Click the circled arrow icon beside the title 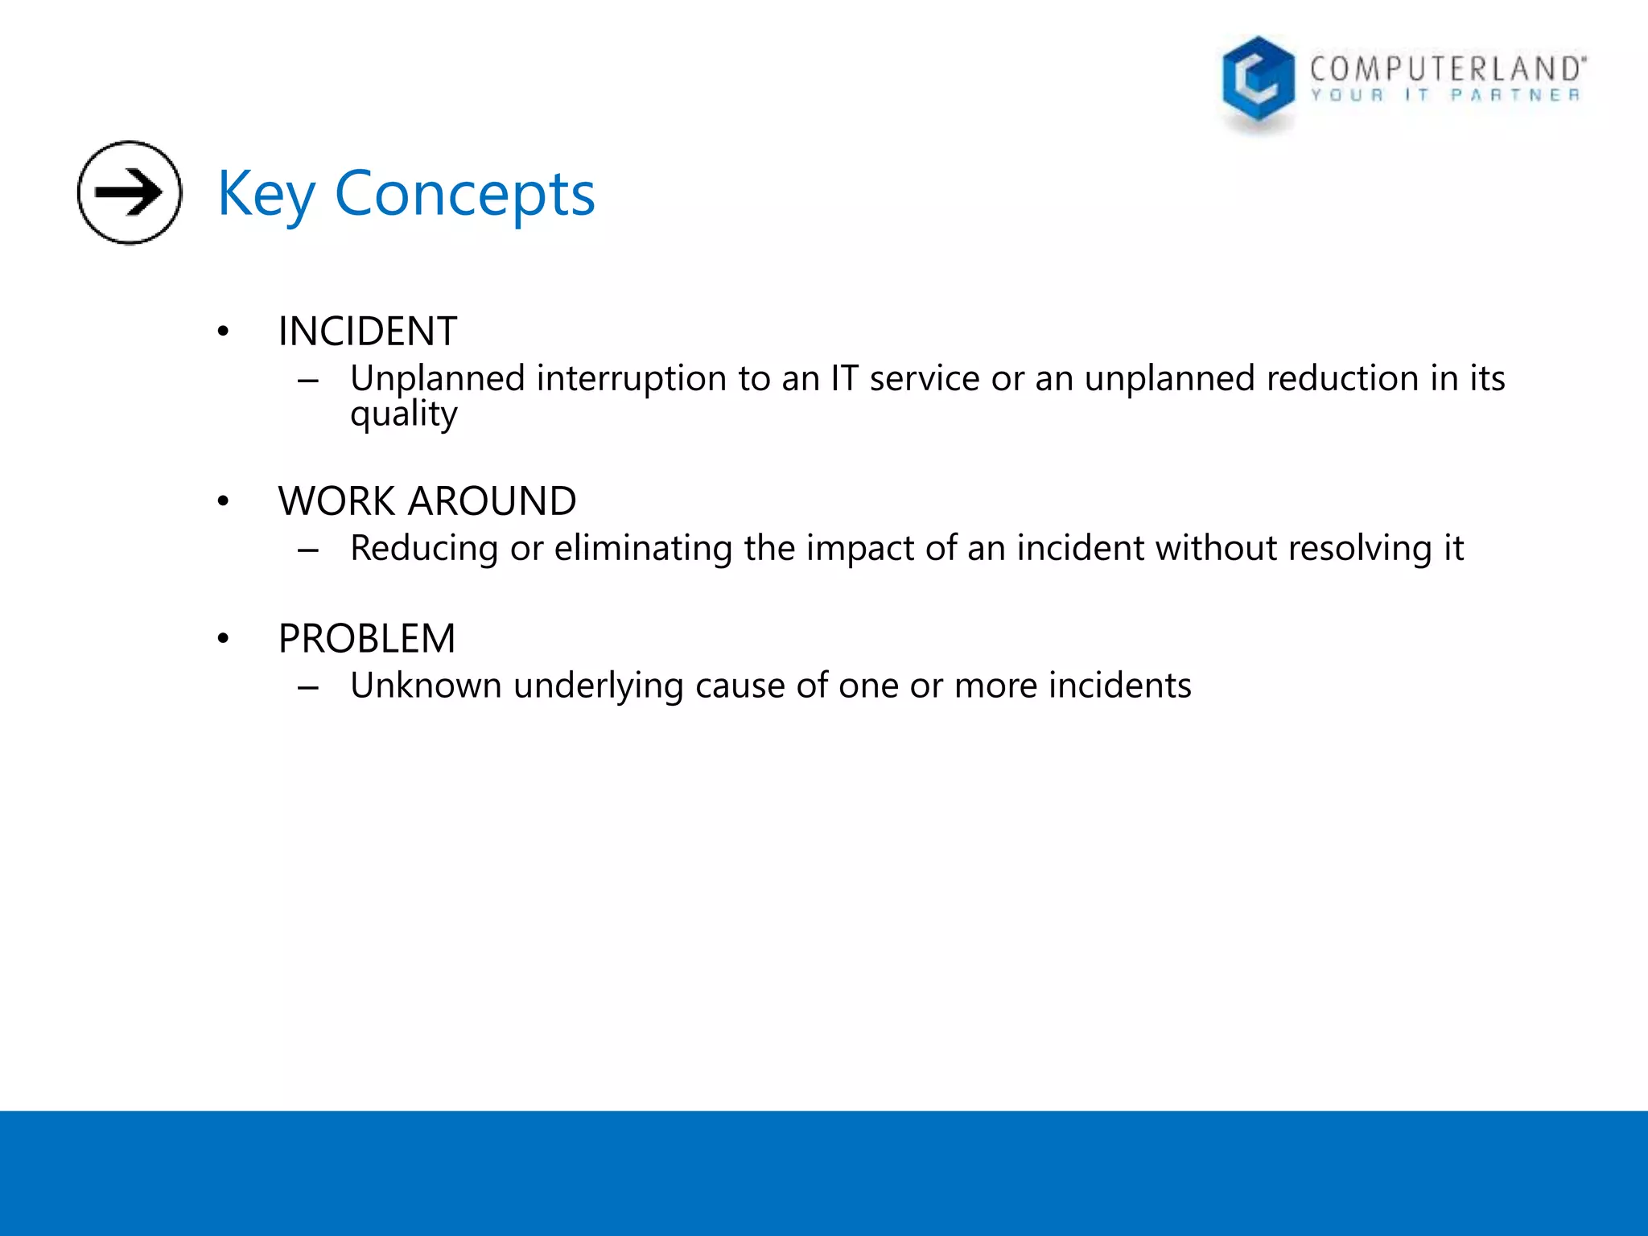pos(129,192)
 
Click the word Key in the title pos(266,195)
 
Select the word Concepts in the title pos(464,195)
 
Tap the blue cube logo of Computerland pos(1257,80)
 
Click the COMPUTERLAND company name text pos(1447,69)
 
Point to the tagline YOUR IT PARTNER pos(1445,96)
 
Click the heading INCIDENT pos(367,332)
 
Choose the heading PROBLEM pos(366,639)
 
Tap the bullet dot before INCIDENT pos(223,332)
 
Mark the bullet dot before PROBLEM pos(223,639)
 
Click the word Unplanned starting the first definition pos(437,378)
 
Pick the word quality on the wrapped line pos(403,414)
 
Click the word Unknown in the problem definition pos(426,686)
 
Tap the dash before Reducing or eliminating pos(308,550)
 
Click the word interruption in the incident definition pos(631,378)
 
